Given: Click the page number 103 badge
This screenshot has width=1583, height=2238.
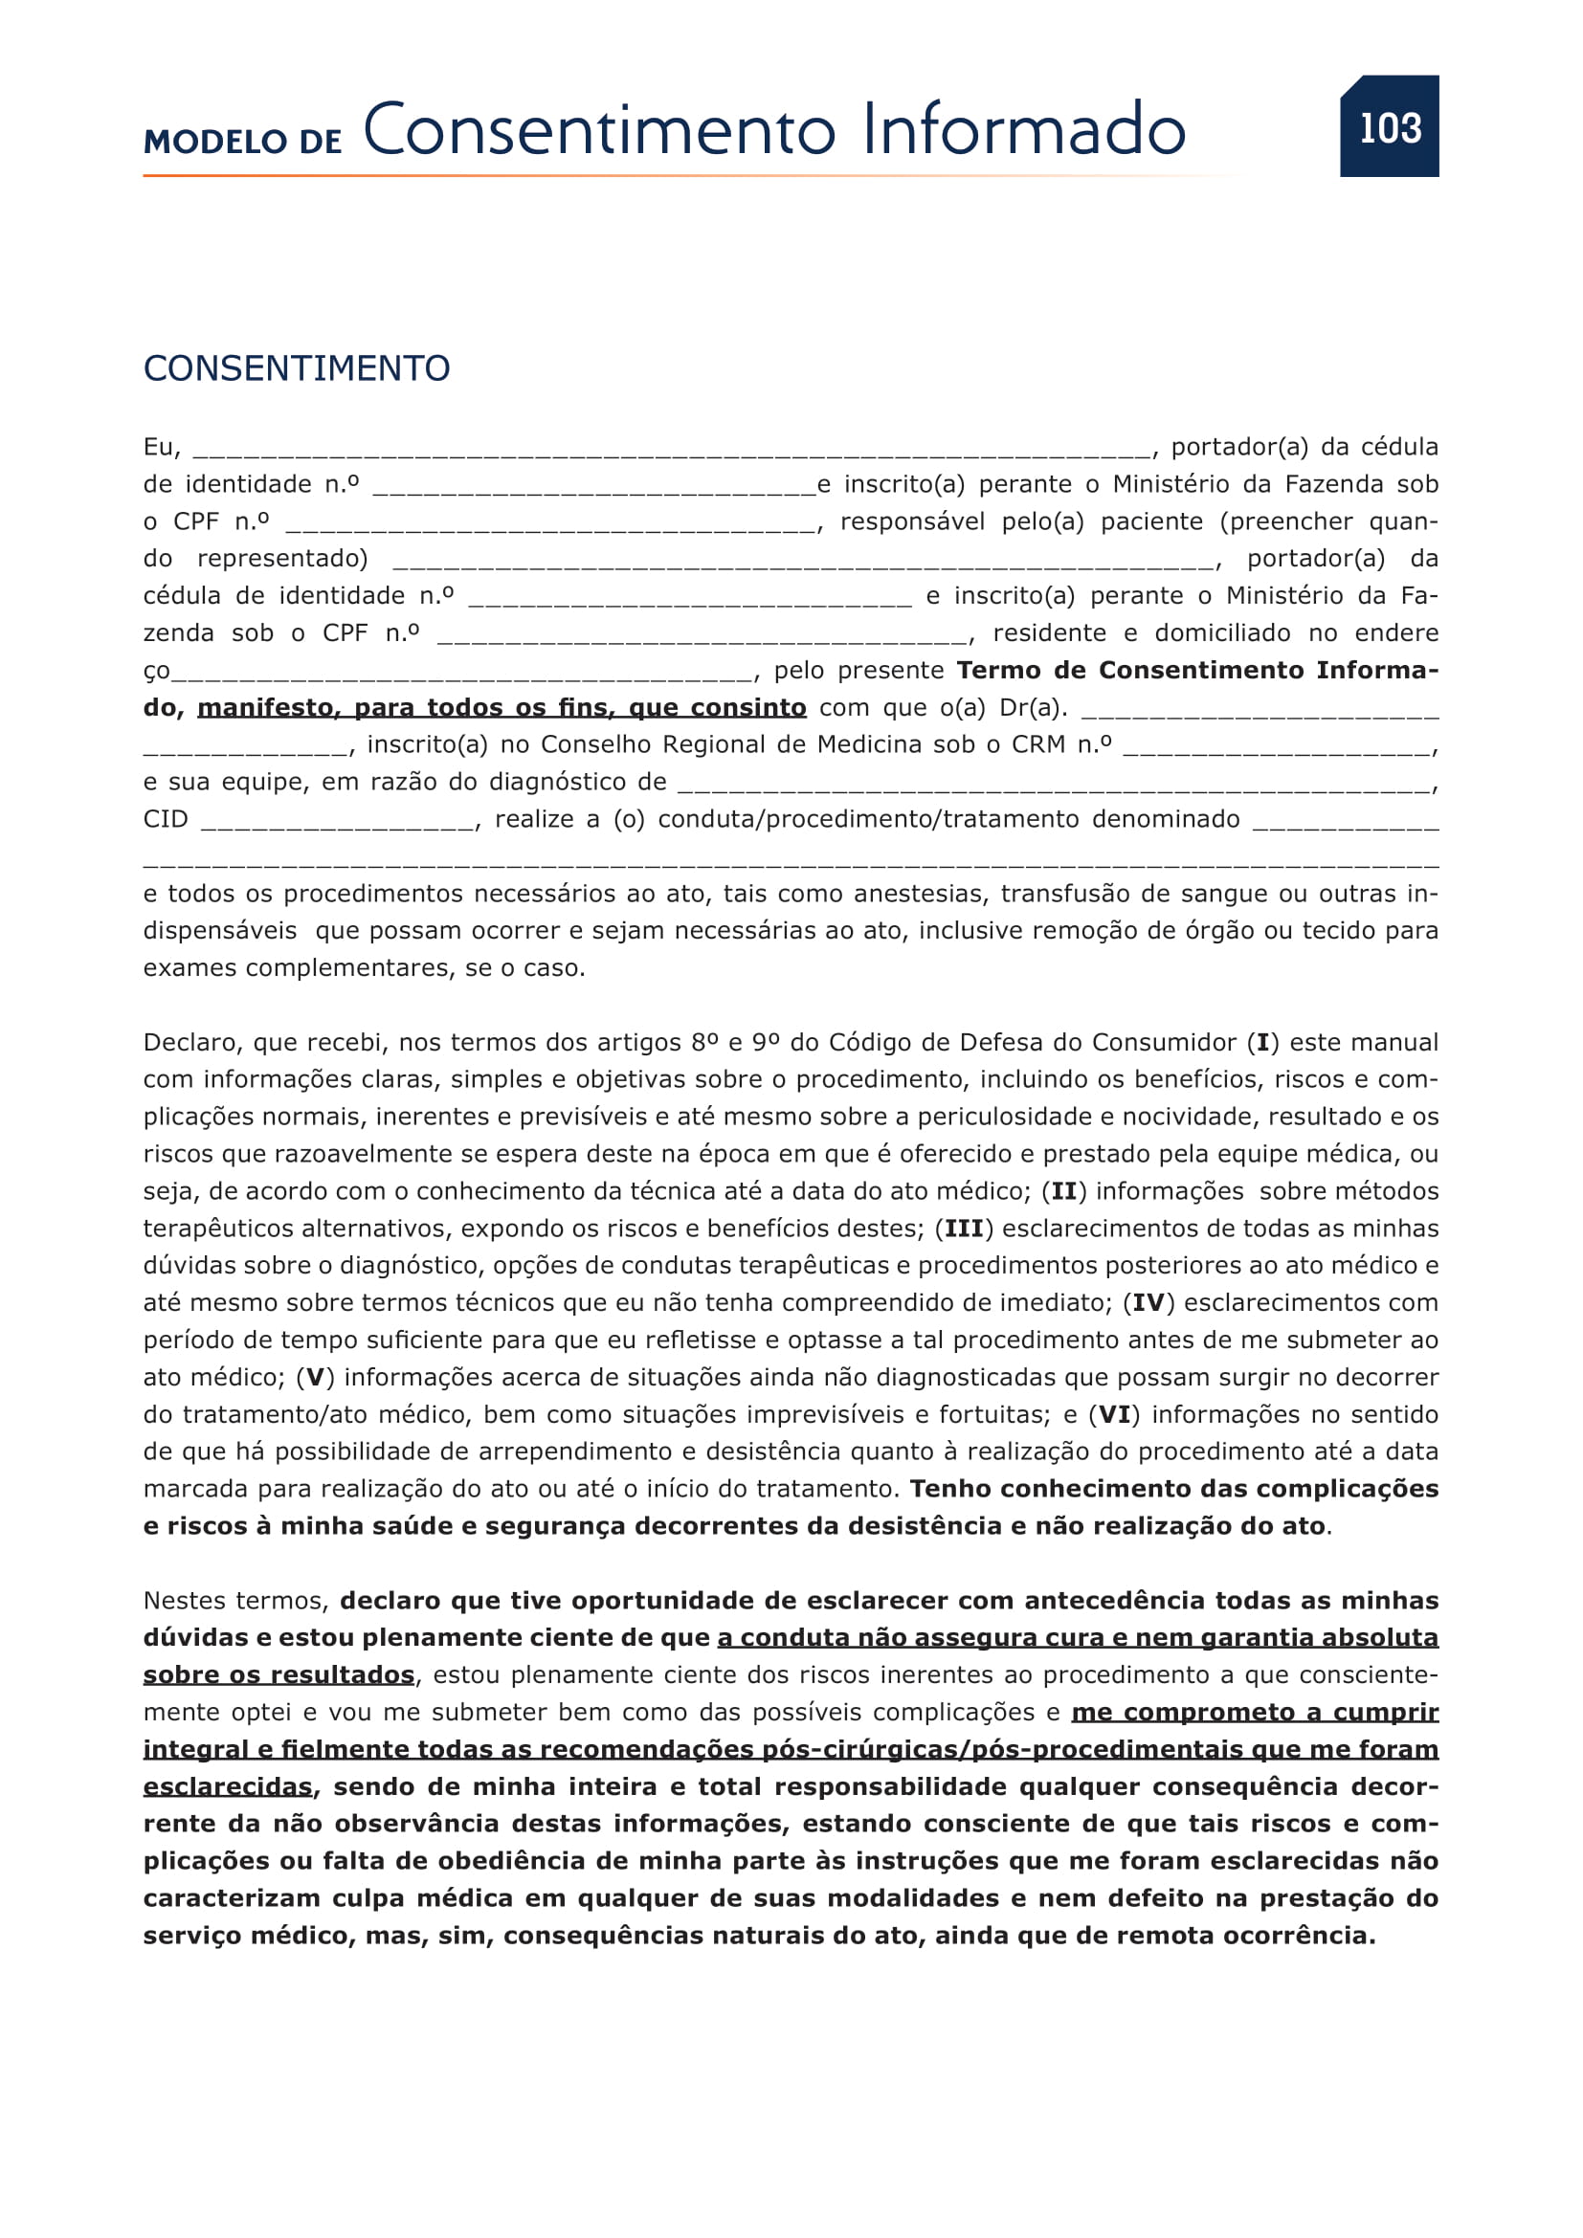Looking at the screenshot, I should click(1389, 127).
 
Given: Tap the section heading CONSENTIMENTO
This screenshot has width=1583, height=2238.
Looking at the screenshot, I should click(297, 368).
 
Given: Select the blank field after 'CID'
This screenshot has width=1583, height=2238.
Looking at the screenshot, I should click(338, 821).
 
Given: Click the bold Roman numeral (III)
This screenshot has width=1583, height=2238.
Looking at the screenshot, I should click(964, 1230).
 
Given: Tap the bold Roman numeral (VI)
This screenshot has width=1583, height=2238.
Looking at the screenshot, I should click(1114, 1415).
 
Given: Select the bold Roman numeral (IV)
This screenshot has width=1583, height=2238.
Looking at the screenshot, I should click(1148, 1303).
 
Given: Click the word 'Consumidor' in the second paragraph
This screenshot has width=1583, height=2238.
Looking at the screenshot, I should click(1164, 1043).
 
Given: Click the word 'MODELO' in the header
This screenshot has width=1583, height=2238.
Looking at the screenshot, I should click(215, 143).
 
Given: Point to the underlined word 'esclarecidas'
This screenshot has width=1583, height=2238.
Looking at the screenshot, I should click(228, 1786).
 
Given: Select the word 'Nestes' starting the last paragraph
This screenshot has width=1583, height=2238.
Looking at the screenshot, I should click(184, 1602).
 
